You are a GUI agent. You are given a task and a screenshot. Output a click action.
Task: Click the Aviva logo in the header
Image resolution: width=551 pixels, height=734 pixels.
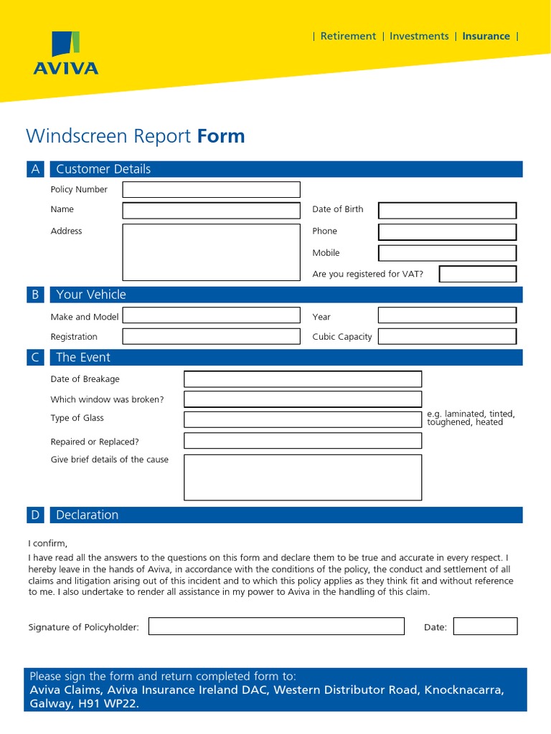pyautogui.click(x=65, y=53)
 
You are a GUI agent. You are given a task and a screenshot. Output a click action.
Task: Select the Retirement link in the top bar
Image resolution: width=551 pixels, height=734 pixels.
pyautogui.click(x=348, y=36)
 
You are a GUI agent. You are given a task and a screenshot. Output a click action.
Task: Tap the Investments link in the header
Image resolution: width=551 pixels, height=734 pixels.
pyautogui.click(x=419, y=36)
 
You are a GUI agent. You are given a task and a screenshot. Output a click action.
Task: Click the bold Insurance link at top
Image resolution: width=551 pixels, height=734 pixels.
pyautogui.click(x=486, y=36)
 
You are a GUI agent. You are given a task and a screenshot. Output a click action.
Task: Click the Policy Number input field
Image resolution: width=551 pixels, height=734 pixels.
pyautogui.click(x=211, y=189)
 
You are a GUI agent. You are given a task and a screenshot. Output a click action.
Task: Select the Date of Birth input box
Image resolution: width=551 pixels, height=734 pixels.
pyautogui.click(x=447, y=210)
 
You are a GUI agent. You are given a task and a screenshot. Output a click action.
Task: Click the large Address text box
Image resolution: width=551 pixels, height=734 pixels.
pyautogui.click(x=211, y=252)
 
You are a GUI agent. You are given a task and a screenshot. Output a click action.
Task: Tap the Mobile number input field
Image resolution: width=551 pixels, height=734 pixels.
pyautogui.click(x=447, y=253)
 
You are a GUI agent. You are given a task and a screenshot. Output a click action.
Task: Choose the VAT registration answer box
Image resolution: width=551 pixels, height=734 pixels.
pyautogui.click(x=477, y=274)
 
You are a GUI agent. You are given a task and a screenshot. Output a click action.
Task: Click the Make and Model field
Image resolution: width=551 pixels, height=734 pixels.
pyautogui.click(x=211, y=315)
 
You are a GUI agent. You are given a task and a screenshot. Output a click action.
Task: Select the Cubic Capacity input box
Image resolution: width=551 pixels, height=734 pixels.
pyautogui.click(x=447, y=336)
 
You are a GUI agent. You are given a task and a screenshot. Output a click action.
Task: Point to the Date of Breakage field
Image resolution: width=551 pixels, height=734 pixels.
pyautogui.click(x=303, y=379)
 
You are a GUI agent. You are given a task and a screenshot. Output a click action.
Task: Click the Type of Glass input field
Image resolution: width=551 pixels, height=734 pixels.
pyautogui.click(x=303, y=419)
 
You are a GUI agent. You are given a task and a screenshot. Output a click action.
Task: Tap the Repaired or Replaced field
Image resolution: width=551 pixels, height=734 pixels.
pyautogui.click(x=303, y=441)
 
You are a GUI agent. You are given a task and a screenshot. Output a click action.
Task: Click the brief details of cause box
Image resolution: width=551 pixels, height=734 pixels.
pyautogui.click(x=303, y=477)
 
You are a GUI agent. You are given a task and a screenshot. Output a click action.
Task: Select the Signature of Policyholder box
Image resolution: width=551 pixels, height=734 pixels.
pyautogui.click(x=276, y=626)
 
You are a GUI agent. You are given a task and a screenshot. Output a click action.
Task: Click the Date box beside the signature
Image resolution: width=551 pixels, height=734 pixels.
pyautogui.click(x=485, y=626)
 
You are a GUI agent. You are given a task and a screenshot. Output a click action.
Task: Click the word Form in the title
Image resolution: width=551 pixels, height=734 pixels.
pyautogui.click(x=221, y=136)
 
